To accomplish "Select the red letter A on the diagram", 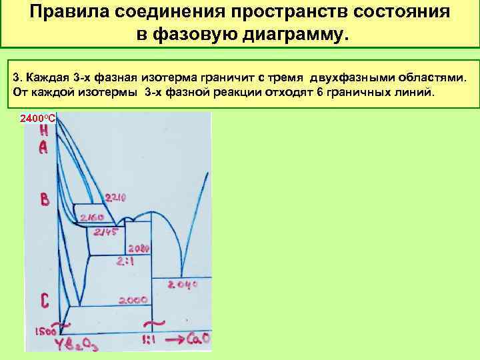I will tap(43, 147).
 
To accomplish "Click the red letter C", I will tap(44, 301).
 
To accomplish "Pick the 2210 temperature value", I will tap(115, 197).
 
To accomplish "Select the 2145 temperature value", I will tap(106, 232).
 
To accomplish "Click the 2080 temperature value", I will tap(138, 247).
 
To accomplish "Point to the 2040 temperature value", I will tap(183, 285).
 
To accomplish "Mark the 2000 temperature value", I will tap(133, 301).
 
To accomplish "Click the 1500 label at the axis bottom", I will tap(46, 331).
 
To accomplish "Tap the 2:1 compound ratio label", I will tap(126, 262).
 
